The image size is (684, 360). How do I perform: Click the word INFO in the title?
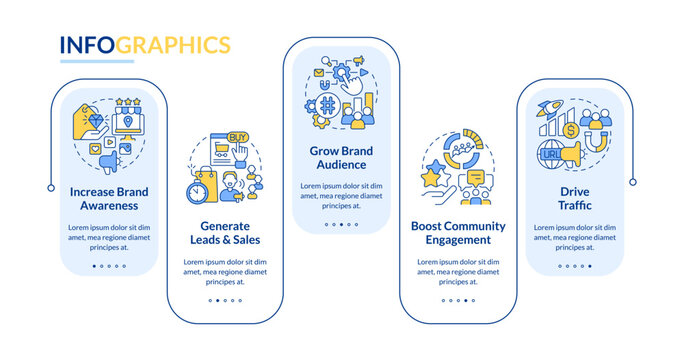(88, 45)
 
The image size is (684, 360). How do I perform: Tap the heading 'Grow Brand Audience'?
(343, 157)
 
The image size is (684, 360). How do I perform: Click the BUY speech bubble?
(238, 137)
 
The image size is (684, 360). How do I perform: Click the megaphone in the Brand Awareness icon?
(130, 157)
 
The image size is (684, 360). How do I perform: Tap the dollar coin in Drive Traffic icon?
(570, 130)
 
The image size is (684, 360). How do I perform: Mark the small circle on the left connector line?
(51, 187)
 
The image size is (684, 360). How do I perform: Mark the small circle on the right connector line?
(633, 182)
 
